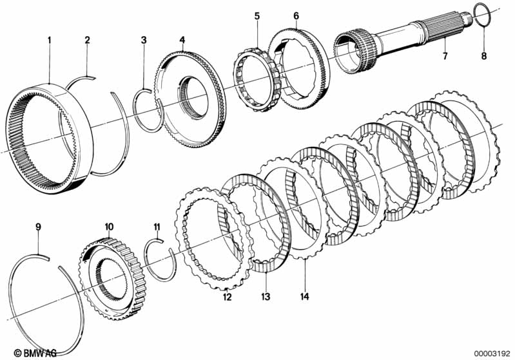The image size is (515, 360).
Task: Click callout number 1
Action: pyautogui.click(x=49, y=40)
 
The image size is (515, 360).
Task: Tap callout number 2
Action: pyautogui.click(x=88, y=40)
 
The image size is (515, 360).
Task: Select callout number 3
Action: pyautogui.click(x=144, y=40)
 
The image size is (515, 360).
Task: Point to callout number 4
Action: pyautogui.click(x=182, y=40)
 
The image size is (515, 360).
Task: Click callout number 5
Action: pyautogui.click(x=257, y=14)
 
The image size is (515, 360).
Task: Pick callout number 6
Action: pyautogui.click(x=296, y=14)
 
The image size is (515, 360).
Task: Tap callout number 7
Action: pyautogui.click(x=444, y=56)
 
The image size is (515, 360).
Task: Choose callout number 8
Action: pyautogui.click(x=484, y=56)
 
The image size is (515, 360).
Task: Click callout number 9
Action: pyautogui.click(x=38, y=227)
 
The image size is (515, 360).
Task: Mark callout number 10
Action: pyautogui.click(x=109, y=227)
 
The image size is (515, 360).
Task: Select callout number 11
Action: pyautogui.click(x=156, y=227)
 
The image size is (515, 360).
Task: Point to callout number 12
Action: pyautogui.click(x=227, y=297)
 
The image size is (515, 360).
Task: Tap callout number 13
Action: pyautogui.click(x=266, y=297)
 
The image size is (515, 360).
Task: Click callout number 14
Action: pyautogui.click(x=304, y=297)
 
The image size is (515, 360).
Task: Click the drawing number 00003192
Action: pyautogui.click(x=491, y=353)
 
